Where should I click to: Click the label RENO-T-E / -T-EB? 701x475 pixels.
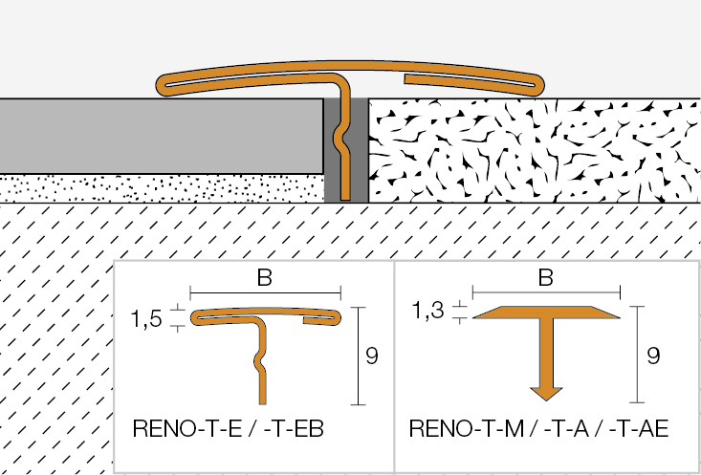pyautogui.click(x=229, y=429)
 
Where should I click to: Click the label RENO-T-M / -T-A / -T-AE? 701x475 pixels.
pyautogui.click(x=537, y=429)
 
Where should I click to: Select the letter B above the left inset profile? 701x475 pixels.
pyautogui.click(x=265, y=278)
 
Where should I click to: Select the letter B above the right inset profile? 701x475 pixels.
pyautogui.click(x=545, y=278)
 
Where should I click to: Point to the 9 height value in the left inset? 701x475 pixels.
pyautogui.click(x=373, y=356)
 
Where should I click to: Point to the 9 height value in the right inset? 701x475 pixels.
pyautogui.click(x=654, y=356)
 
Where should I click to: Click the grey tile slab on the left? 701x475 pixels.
pyautogui.click(x=163, y=136)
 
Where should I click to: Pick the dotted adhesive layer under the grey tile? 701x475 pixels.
pyautogui.click(x=163, y=188)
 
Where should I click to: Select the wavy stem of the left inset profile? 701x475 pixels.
pyautogui.click(x=261, y=363)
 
